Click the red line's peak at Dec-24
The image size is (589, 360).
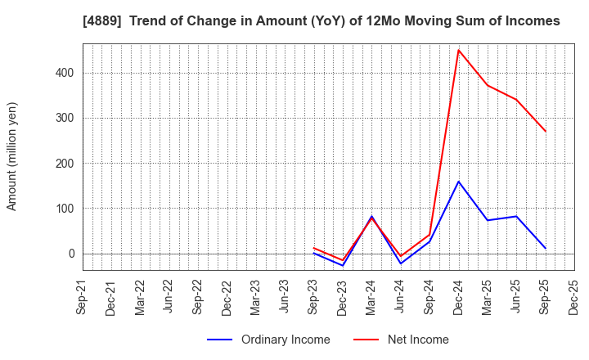tap(458, 50)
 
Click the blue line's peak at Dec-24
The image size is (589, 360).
tap(458, 182)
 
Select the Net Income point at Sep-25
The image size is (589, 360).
tap(546, 131)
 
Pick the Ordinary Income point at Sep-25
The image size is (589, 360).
tap(546, 248)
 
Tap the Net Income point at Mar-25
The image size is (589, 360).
tap(488, 85)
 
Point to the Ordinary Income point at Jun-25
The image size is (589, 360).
tap(516, 217)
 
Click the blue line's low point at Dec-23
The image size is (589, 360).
tap(343, 266)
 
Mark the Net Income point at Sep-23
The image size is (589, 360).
tap(314, 248)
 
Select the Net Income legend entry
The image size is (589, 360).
tap(416, 340)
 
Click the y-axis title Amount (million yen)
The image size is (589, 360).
tap(12, 156)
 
